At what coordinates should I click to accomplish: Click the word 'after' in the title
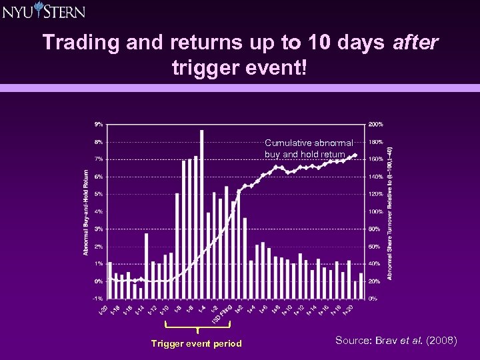415,42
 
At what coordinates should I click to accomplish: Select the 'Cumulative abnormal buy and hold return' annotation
309,149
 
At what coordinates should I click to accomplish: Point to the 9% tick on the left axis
98,124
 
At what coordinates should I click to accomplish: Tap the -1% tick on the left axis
97,298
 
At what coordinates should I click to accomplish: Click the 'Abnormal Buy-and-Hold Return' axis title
87,211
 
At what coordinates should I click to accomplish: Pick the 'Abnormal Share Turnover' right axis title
390,213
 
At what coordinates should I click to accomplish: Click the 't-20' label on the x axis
103,309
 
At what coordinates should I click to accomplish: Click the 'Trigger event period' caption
197,343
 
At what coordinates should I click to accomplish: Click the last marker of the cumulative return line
355,156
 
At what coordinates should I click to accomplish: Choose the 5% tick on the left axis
98,194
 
